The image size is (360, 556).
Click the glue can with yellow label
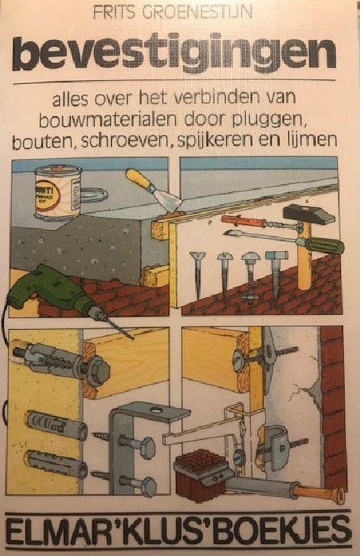click(58, 192)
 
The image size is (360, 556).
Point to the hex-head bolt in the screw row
click(275, 277)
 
